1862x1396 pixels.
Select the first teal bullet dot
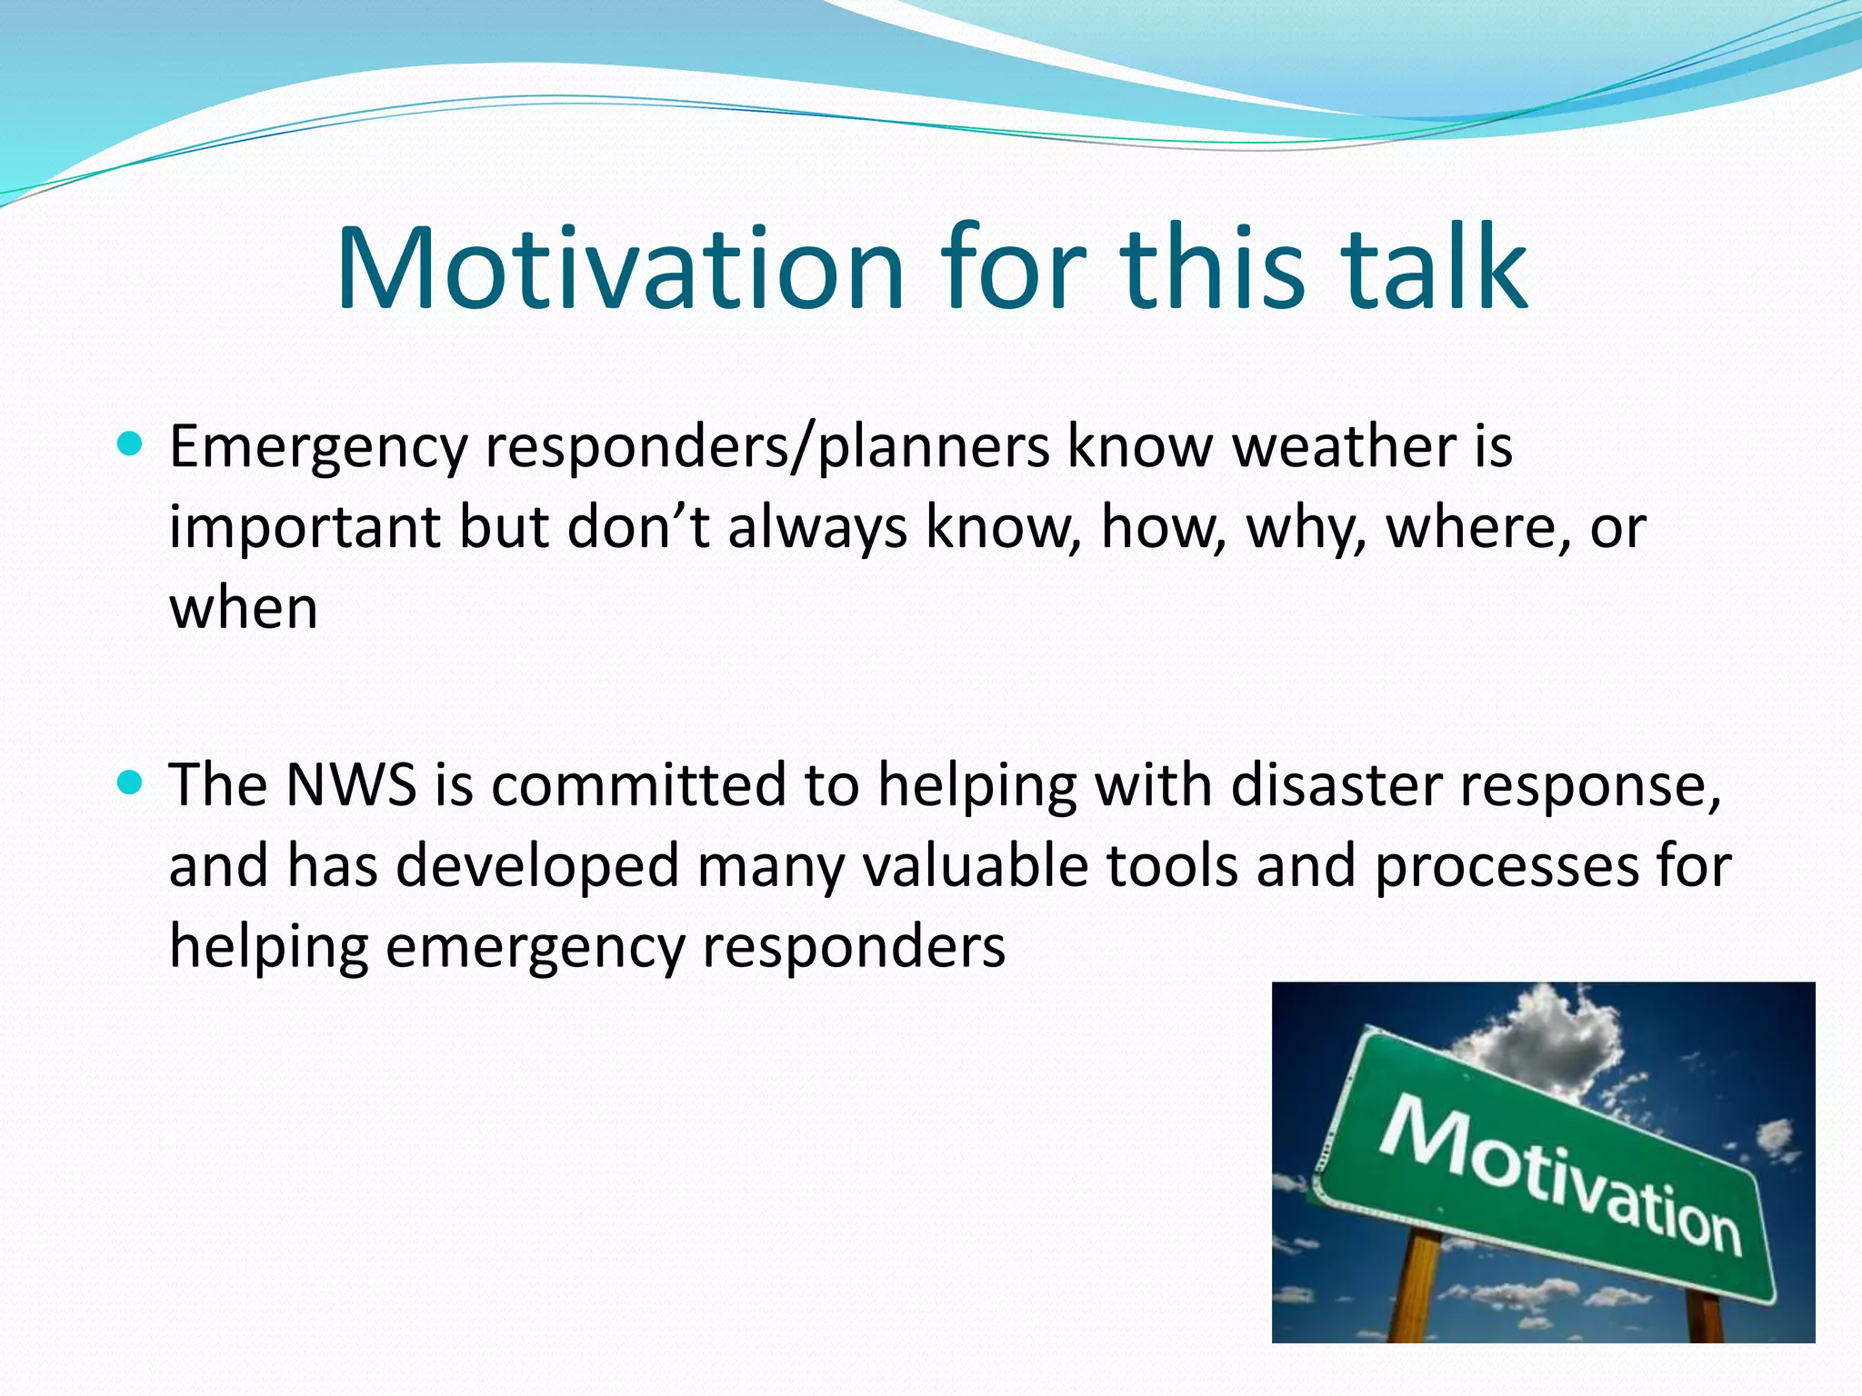click(x=131, y=444)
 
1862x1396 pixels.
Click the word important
click(x=305, y=528)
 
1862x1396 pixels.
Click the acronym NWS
click(x=351, y=784)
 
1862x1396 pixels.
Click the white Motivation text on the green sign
click(x=1560, y=1172)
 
